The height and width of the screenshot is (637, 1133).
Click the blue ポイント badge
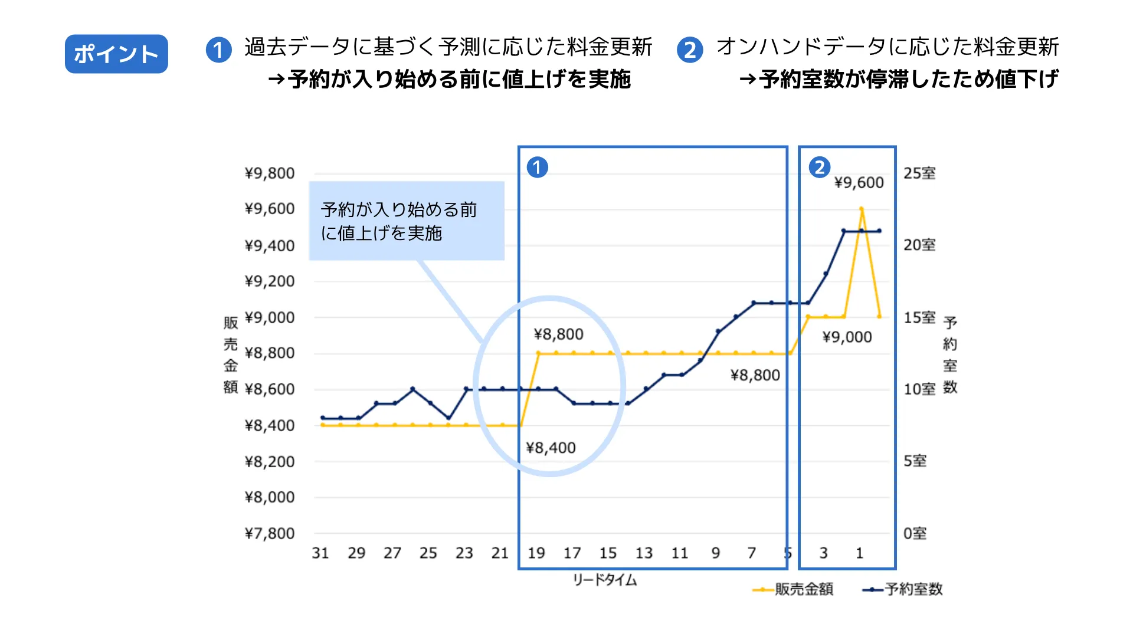[x=116, y=54]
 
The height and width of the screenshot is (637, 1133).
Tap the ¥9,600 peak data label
[x=859, y=183]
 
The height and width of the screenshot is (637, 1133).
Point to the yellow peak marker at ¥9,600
[x=862, y=209]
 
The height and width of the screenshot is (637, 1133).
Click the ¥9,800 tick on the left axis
[x=269, y=173]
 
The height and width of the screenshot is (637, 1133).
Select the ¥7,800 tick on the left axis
[x=269, y=534]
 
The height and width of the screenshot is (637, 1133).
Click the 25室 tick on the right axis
[x=919, y=173]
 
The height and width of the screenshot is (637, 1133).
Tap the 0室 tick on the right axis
[x=915, y=534]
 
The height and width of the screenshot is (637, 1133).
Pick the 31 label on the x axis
[x=320, y=553]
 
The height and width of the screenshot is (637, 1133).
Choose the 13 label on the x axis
[x=644, y=553]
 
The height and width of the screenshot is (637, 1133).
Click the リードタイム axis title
[x=605, y=580]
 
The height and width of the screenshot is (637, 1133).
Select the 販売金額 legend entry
[x=794, y=589]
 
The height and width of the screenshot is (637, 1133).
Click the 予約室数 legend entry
[x=903, y=589]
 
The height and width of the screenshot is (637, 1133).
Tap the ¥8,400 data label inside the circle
[x=551, y=448]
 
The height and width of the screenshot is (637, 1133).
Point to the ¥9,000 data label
[x=847, y=337]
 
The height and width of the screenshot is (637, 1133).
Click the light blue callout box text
[x=399, y=221]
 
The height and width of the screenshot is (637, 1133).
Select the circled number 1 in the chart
[x=537, y=168]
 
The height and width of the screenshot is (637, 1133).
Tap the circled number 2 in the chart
[x=819, y=168]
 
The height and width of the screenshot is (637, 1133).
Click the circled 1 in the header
[x=218, y=50]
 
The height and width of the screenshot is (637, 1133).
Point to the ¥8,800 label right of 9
[x=755, y=376]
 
